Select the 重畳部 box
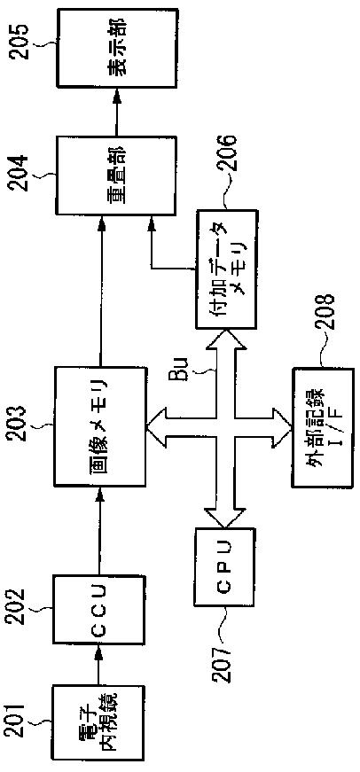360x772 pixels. coord(116,175)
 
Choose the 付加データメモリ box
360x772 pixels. coord(226,269)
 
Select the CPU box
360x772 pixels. coord(224,565)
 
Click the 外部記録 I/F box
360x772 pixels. coord(323,427)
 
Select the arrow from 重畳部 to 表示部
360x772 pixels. coord(117,112)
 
